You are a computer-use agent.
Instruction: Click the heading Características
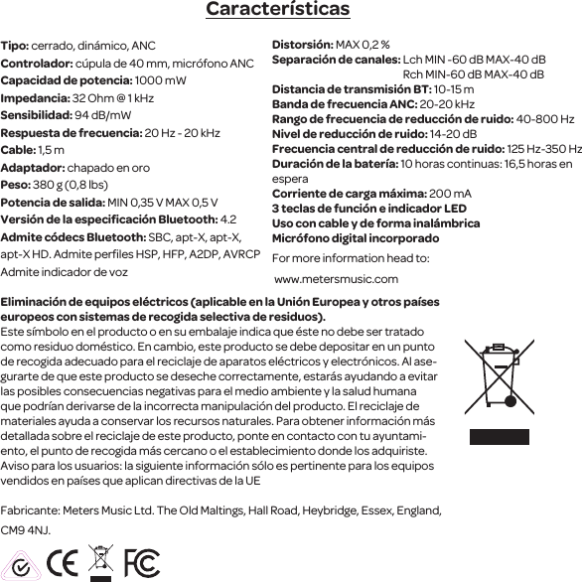tap(277, 10)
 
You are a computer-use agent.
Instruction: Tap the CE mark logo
tap(65, 561)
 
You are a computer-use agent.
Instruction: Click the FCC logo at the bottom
tap(141, 562)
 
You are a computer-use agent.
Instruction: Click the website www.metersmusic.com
tap(336, 278)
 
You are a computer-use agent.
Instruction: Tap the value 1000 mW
tap(160, 81)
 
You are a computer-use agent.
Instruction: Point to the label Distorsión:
tap(302, 46)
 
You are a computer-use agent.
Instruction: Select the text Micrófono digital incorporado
tap(356, 239)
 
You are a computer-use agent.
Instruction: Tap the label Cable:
tap(19, 150)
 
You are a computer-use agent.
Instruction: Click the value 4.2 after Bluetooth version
tap(227, 219)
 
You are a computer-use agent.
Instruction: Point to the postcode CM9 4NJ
tap(26, 531)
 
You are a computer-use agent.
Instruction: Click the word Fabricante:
tap(29, 509)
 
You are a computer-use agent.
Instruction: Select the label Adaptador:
tap(31, 168)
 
